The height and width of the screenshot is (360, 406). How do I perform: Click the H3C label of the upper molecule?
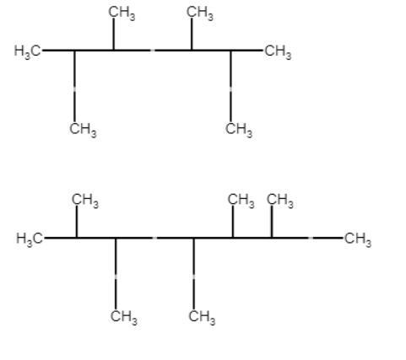coord(28,51)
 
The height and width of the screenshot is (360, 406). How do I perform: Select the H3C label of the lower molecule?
coord(30,239)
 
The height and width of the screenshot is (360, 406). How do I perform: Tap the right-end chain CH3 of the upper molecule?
coord(278,51)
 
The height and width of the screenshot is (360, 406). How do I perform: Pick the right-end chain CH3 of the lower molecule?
coord(358,239)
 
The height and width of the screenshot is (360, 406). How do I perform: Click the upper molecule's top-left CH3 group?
coord(122,13)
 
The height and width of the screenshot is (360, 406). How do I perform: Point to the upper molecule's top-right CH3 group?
coord(200,13)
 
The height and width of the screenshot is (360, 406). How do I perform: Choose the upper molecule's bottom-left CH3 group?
coord(83,130)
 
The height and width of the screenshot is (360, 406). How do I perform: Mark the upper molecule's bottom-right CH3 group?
coord(239,130)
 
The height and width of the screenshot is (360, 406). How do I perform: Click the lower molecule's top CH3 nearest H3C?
coord(85,201)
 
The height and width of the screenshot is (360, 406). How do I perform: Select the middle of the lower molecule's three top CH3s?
coord(241,201)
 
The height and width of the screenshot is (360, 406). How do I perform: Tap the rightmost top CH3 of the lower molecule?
coord(279,201)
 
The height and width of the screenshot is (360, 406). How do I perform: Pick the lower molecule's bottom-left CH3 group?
coord(124,317)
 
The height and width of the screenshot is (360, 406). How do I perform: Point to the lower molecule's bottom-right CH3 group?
coord(202,317)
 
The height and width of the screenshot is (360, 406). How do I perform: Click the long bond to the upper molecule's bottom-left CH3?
coord(74,86)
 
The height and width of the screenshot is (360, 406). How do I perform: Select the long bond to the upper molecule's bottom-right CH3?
coord(230,86)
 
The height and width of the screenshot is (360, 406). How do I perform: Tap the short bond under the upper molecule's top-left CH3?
coord(113,34)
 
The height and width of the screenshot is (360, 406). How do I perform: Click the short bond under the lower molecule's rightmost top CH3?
coord(272,221)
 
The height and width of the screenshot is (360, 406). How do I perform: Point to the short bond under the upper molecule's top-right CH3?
coord(192,34)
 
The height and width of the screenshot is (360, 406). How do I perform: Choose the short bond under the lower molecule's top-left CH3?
coord(77,221)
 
